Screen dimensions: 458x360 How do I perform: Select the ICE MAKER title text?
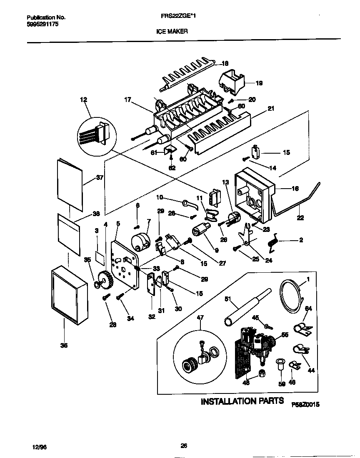pos(172,31)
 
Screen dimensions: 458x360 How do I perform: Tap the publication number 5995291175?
pos(42,25)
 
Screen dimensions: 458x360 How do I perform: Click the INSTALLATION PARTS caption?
pos(242,401)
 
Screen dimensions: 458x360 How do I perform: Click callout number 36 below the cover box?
pos(64,345)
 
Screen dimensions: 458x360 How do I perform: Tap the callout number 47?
pos(200,317)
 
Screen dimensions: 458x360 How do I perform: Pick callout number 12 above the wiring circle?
pos(84,100)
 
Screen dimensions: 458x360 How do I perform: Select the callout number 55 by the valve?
pos(285,323)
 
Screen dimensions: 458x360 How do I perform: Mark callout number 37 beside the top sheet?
pos(99,177)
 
